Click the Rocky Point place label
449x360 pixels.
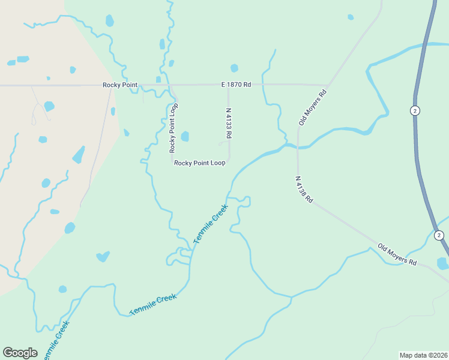[120, 85]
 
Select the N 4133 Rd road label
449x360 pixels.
[228, 123]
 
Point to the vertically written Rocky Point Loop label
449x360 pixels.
[173, 127]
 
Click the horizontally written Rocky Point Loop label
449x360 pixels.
[200, 163]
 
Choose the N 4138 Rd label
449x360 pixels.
[304, 189]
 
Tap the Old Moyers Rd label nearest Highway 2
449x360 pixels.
[397, 254]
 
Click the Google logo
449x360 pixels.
[20, 353]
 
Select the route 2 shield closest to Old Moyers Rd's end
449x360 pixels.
[439, 235]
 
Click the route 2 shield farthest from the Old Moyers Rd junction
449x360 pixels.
[414, 110]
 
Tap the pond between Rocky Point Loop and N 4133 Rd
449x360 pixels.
[185, 136]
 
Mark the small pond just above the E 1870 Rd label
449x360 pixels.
[234, 68]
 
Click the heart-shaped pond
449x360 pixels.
[103, 257]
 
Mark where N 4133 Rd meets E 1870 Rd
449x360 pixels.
[229, 85]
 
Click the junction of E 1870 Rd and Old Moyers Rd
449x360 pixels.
[328, 85]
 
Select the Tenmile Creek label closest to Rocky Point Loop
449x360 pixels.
[211, 224]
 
